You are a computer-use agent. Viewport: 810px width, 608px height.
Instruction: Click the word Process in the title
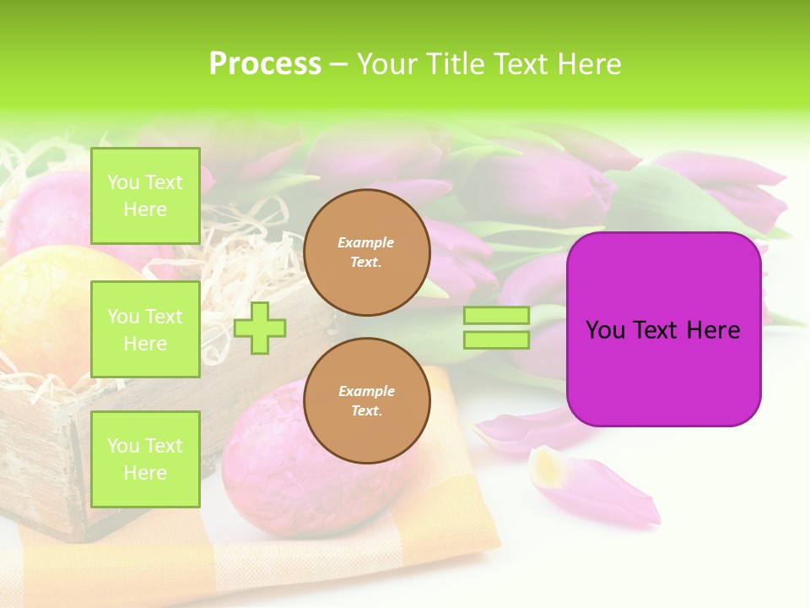click(x=265, y=64)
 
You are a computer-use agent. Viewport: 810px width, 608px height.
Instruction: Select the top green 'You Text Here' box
click(x=145, y=196)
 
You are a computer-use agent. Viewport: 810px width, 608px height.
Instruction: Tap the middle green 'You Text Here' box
click(x=145, y=329)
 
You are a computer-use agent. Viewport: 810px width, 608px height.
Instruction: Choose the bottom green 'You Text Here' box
click(x=145, y=459)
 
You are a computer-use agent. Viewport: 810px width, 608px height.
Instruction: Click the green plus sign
click(x=260, y=328)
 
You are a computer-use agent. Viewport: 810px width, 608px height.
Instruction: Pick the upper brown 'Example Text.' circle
click(x=366, y=252)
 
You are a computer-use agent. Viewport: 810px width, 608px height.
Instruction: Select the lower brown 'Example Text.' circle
click(x=366, y=401)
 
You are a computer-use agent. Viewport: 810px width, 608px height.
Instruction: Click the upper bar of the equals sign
click(x=496, y=316)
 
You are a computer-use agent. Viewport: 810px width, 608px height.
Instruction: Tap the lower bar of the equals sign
click(x=496, y=340)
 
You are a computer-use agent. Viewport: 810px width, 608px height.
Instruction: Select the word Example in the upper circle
click(x=366, y=242)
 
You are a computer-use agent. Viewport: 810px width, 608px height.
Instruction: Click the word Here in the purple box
click(x=714, y=330)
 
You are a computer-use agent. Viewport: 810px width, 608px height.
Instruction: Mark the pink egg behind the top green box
click(x=51, y=211)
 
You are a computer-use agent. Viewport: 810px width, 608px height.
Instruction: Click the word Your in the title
click(x=386, y=64)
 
